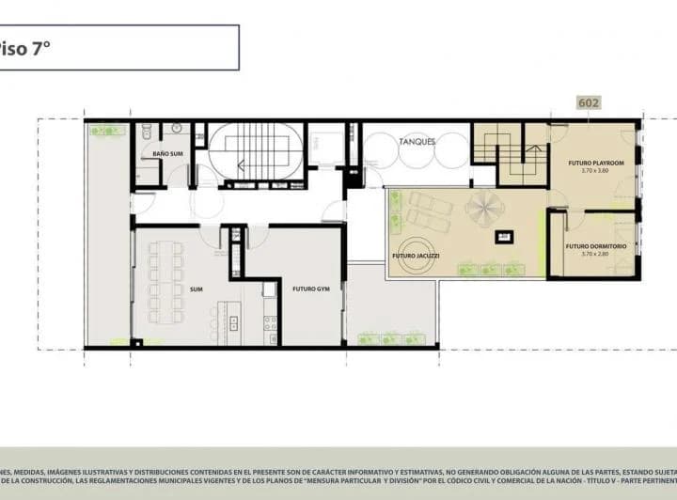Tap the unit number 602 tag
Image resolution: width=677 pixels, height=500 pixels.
pyautogui.click(x=590, y=103)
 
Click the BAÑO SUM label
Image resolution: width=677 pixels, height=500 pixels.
pyautogui.click(x=167, y=152)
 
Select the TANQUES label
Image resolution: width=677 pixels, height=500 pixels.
pyautogui.click(x=417, y=142)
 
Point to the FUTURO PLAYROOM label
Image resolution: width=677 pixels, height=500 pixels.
pyautogui.click(x=591, y=163)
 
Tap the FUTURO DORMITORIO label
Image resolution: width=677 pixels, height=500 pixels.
pyautogui.click(x=592, y=246)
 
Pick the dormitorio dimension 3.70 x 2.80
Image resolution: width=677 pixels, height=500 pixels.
pyautogui.click(x=592, y=255)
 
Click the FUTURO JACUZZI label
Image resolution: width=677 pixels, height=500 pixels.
pyautogui.click(x=415, y=255)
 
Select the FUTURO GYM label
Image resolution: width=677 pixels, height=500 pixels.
pyautogui.click(x=309, y=289)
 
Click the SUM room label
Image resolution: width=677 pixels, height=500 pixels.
pyautogui.click(x=197, y=289)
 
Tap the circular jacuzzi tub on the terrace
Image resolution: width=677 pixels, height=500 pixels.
pyautogui.click(x=415, y=258)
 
